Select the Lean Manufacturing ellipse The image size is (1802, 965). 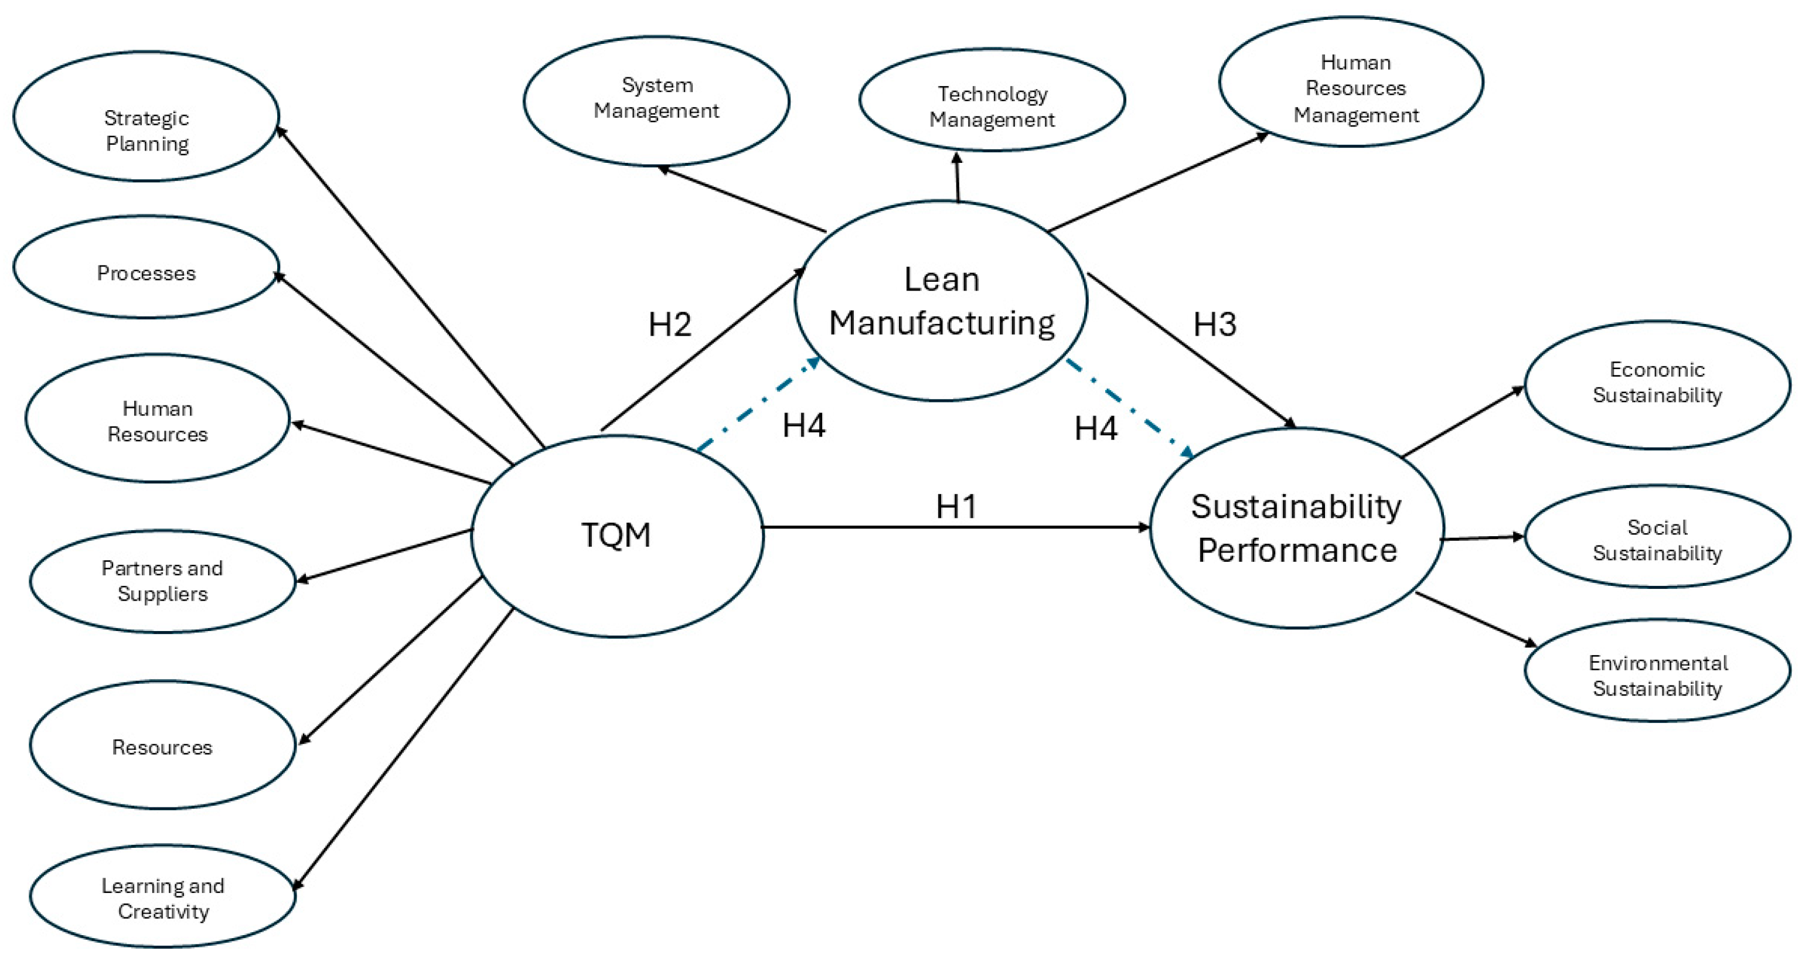[941, 301]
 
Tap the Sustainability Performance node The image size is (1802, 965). [1296, 528]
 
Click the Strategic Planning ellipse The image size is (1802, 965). [146, 116]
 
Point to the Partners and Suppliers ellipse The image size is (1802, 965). [162, 581]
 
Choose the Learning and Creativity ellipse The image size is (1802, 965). [162, 897]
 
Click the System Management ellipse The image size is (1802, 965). [656, 101]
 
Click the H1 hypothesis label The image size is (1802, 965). [956, 506]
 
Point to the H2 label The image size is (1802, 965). [669, 325]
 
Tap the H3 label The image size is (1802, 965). [1214, 325]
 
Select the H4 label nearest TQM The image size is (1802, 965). [803, 425]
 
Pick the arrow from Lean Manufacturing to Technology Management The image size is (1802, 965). [958, 178]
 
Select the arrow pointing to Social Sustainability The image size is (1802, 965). [1483, 538]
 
